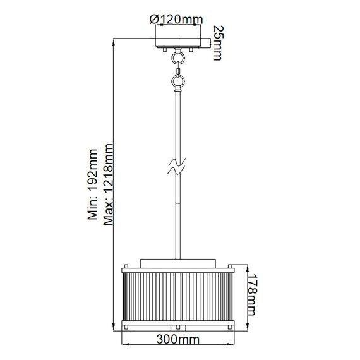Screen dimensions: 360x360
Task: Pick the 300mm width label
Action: [x=179, y=339]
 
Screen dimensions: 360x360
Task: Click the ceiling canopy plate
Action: [x=179, y=43]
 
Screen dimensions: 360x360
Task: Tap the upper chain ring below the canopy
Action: [x=179, y=57]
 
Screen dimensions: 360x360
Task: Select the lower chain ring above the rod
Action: [x=179, y=81]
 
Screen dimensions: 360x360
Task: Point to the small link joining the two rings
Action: [x=179, y=69]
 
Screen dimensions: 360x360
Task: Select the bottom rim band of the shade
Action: [x=179, y=324]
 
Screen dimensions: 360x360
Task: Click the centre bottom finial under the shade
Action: [x=179, y=329]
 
